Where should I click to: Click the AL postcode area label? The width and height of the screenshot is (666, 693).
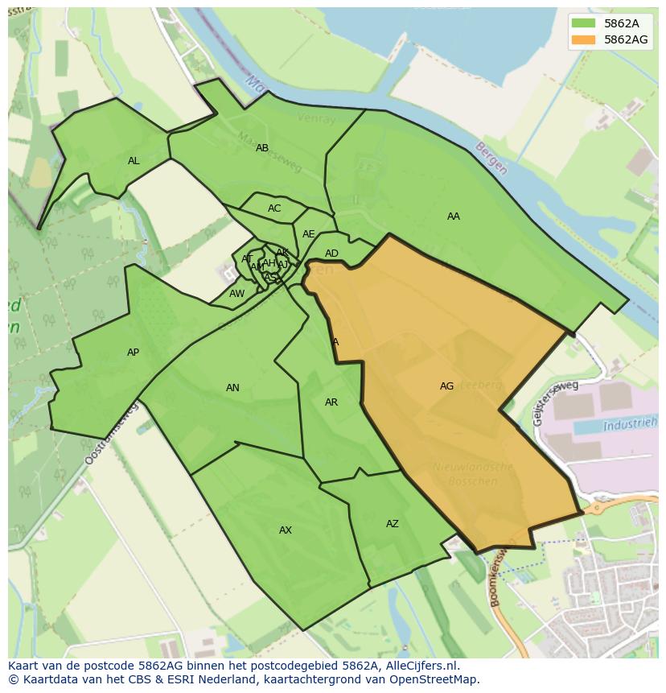point(134,161)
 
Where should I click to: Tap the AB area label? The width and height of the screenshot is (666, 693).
point(262,148)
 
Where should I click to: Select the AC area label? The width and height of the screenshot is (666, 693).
point(274,208)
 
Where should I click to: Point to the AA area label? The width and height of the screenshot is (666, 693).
point(454,217)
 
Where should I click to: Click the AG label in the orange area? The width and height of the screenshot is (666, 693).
point(446,386)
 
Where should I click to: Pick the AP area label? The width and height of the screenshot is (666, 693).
point(134,353)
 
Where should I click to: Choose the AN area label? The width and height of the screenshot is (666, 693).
point(232,388)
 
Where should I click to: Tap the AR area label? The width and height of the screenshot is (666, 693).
point(331,402)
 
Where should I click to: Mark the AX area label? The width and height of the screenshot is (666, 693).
point(286,530)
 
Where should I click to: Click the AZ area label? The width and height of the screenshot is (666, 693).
point(392,524)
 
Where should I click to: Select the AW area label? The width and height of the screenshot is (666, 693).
point(236,294)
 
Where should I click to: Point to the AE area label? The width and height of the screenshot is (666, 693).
point(309,234)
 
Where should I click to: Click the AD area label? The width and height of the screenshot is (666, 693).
point(331,254)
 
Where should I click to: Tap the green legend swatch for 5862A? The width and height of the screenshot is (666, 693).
point(584,23)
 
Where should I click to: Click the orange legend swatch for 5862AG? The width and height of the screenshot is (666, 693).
point(584,39)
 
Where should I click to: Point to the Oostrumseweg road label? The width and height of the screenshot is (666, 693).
point(111,434)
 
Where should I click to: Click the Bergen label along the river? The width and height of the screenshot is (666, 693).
point(491,159)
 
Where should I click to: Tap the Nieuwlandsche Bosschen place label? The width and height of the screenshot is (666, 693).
point(473,474)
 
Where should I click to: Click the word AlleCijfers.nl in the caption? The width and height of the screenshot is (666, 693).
point(421,666)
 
